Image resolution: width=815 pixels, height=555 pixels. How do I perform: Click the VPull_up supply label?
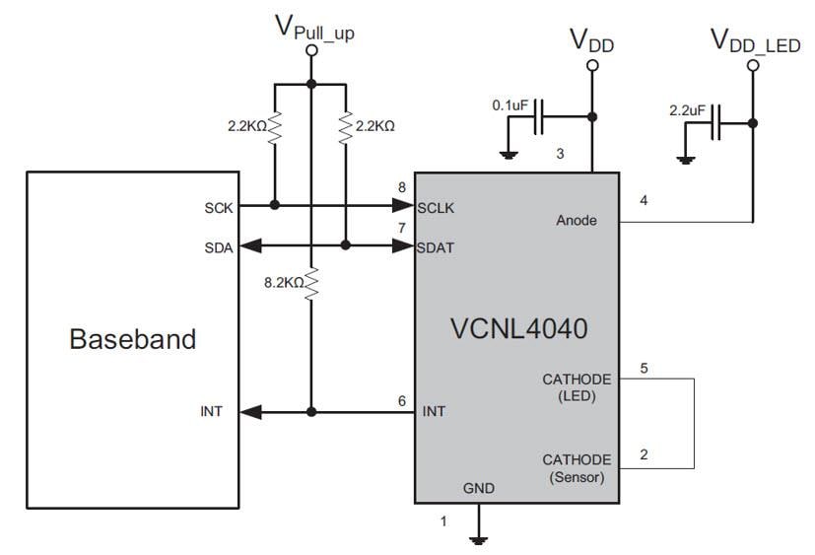314,29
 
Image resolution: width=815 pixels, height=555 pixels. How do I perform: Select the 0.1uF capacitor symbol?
538,123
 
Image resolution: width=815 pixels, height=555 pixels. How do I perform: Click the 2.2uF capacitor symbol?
718,123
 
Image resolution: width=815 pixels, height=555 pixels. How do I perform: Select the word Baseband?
132,339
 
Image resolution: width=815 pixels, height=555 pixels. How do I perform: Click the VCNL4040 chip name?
516,328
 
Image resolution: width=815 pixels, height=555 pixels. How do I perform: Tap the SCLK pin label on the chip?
435,207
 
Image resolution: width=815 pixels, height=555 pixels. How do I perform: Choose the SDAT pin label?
435,247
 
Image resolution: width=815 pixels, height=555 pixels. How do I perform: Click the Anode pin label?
577,220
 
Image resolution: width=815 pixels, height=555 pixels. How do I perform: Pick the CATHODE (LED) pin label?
577,387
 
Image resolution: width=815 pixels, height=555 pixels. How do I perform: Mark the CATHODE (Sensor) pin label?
577,468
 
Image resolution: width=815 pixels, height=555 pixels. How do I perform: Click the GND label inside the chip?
479,488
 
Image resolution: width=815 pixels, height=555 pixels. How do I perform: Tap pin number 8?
401,187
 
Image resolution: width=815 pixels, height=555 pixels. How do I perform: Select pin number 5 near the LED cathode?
645,369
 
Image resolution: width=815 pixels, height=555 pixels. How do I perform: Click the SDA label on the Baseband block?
220,247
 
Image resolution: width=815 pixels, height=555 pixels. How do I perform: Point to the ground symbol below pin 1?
480,538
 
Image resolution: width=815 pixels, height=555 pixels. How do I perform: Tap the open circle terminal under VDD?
593,66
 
